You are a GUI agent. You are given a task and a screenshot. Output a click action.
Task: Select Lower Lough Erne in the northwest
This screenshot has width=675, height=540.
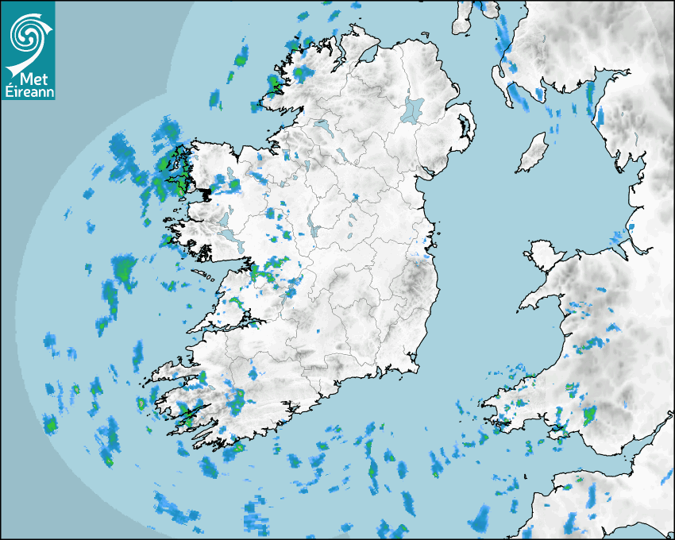(321, 125)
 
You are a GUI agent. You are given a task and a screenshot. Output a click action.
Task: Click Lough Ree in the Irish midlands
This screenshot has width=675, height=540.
(315, 230)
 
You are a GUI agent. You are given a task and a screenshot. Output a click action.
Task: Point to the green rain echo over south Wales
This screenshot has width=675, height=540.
(589, 415)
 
